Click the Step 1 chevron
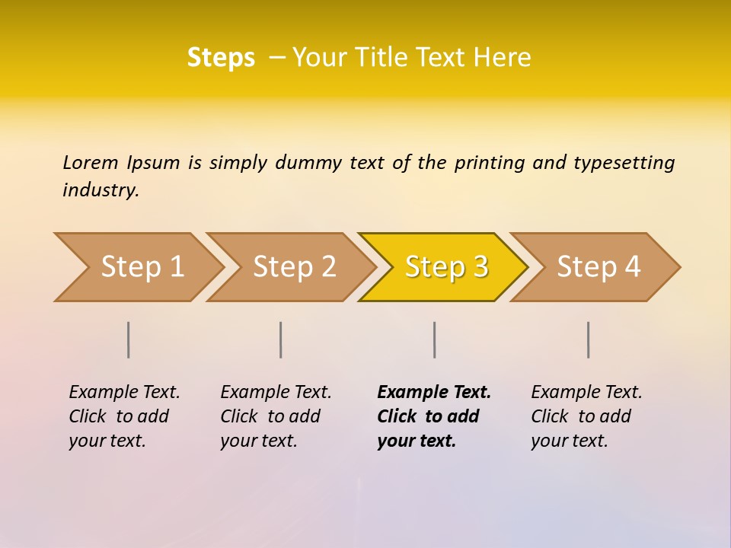point(142,267)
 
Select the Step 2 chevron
point(294,267)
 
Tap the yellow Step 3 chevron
point(446,267)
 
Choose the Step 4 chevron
point(599,267)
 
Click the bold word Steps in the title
point(221,58)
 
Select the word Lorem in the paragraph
point(91,163)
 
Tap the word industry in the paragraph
point(101,190)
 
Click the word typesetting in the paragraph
point(624,163)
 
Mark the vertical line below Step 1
point(129,339)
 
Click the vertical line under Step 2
point(281,339)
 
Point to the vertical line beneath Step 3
point(435,339)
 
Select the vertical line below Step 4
point(589,339)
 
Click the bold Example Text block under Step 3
point(433,416)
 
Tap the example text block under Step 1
point(124,416)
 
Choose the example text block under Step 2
point(276,416)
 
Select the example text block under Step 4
point(586,416)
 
